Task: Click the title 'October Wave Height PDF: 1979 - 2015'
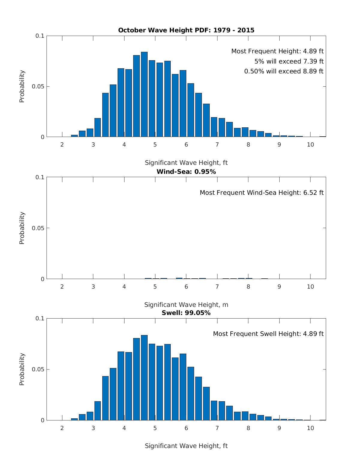pos(186,30)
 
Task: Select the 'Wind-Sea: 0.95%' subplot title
pos(186,172)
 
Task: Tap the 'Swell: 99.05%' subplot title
pos(186,313)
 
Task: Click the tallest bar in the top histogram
pos(144,94)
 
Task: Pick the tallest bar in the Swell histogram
pos(144,378)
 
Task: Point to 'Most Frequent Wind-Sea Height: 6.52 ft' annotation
pos(262,193)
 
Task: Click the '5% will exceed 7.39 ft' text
pos(289,61)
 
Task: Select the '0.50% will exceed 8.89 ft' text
pos(284,71)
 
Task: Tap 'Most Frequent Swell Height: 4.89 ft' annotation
pos(268,334)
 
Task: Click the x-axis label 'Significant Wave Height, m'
pos(186,305)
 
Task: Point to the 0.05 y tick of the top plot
pos(38,87)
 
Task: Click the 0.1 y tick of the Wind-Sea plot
pos(40,177)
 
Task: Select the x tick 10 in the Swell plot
pos(310,428)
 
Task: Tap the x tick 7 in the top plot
pos(217,145)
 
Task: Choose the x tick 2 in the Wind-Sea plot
pos(62,287)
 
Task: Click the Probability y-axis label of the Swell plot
pos(22,369)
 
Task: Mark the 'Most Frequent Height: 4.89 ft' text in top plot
pos(277,51)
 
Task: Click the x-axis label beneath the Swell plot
pos(186,446)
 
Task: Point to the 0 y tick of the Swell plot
pos(43,420)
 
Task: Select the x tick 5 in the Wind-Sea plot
pos(155,287)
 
